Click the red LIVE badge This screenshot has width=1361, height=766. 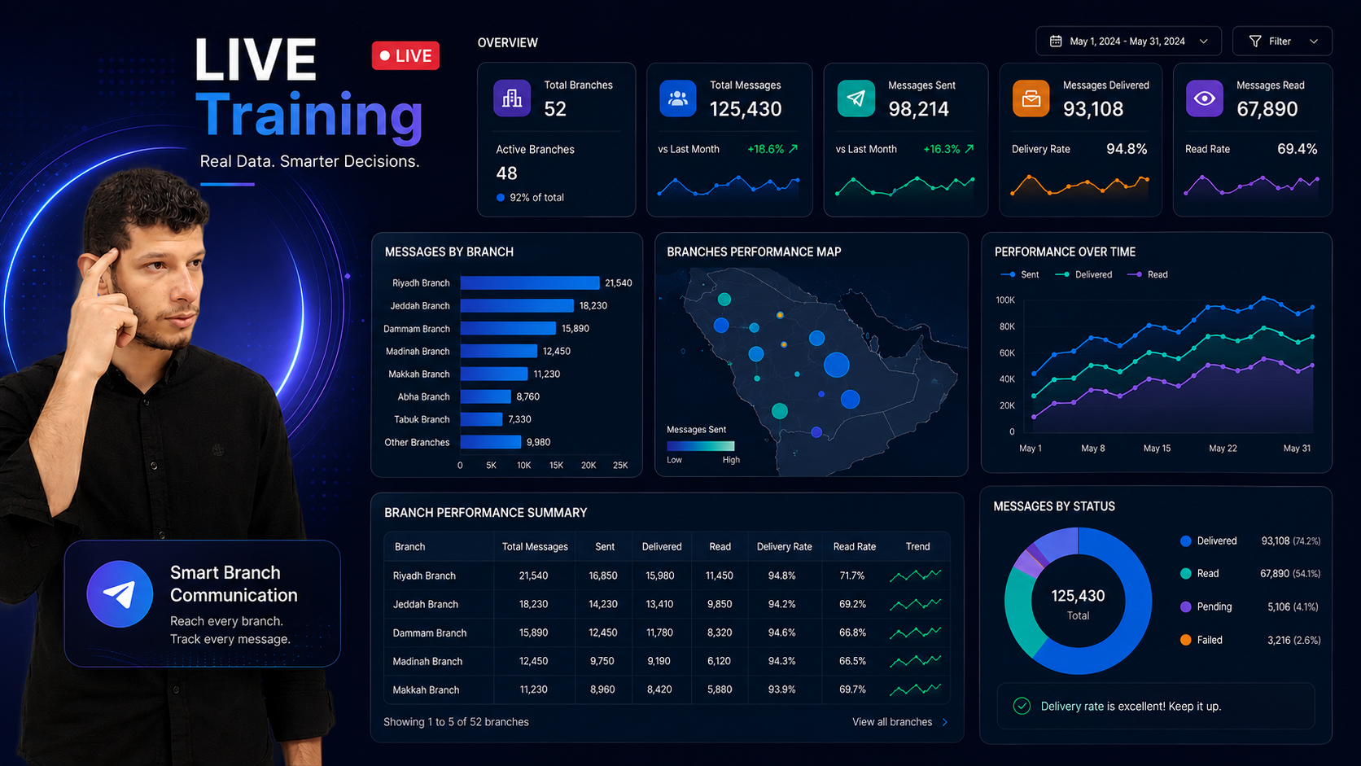(x=405, y=56)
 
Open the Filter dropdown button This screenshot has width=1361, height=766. (x=1282, y=42)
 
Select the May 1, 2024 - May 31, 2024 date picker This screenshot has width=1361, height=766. (x=1128, y=42)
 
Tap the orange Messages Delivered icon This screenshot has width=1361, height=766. (x=1031, y=98)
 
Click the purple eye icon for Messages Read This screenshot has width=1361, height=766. (x=1204, y=98)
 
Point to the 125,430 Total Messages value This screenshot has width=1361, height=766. (x=746, y=109)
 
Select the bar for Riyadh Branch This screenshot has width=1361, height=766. (x=530, y=283)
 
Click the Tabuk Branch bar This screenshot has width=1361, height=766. (x=481, y=419)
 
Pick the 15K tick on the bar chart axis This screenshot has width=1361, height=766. (x=556, y=466)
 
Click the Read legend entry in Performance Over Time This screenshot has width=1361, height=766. (x=1148, y=274)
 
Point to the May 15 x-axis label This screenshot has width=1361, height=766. (x=1157, y=449)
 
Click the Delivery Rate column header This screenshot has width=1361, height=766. (x=784, y=547)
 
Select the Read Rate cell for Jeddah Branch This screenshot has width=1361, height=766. (x=851, y=605)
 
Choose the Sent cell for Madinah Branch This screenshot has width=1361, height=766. (x=602, y=661)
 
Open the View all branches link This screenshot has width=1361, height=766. (x=899, y=722)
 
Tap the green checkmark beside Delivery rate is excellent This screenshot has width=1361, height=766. (x=1022, y=706)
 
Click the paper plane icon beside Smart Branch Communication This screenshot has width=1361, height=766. (x=120, y=594)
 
